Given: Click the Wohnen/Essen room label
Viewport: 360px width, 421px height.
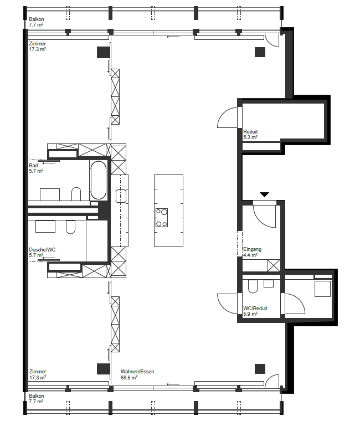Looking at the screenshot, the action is click(x=137, y=372).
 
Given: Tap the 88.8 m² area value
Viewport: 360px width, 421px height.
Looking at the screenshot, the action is click(x=129, y=377).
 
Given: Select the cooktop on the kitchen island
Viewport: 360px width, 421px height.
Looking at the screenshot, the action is click(x=162, y=218).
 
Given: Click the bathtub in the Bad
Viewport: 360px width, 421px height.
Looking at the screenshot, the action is click(x=98, y=180).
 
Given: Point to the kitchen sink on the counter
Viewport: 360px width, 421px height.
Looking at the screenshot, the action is click(x=121, y=196).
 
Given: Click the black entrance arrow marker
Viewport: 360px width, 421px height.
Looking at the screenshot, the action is click(x=264, y=194).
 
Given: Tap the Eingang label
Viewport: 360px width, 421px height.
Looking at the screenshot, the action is click(x=252, y=249).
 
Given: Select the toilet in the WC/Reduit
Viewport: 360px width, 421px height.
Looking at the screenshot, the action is click(x=253, y=286).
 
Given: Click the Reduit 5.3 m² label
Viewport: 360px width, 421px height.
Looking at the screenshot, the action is click(x=250, y=134).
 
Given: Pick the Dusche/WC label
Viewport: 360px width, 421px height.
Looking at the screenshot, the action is click(x=42, y=250).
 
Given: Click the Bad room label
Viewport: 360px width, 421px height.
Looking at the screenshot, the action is click(x=33, y=166).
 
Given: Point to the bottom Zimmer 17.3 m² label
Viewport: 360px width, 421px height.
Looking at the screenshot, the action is click(x=38, y=374).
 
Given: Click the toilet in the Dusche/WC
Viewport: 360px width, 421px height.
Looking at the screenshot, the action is click(x=70, y=227).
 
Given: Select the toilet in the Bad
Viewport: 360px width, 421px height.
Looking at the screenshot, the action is click(x=76, y=193).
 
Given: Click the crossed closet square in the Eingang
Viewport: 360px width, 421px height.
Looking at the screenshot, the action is click(x=274, y=265).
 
